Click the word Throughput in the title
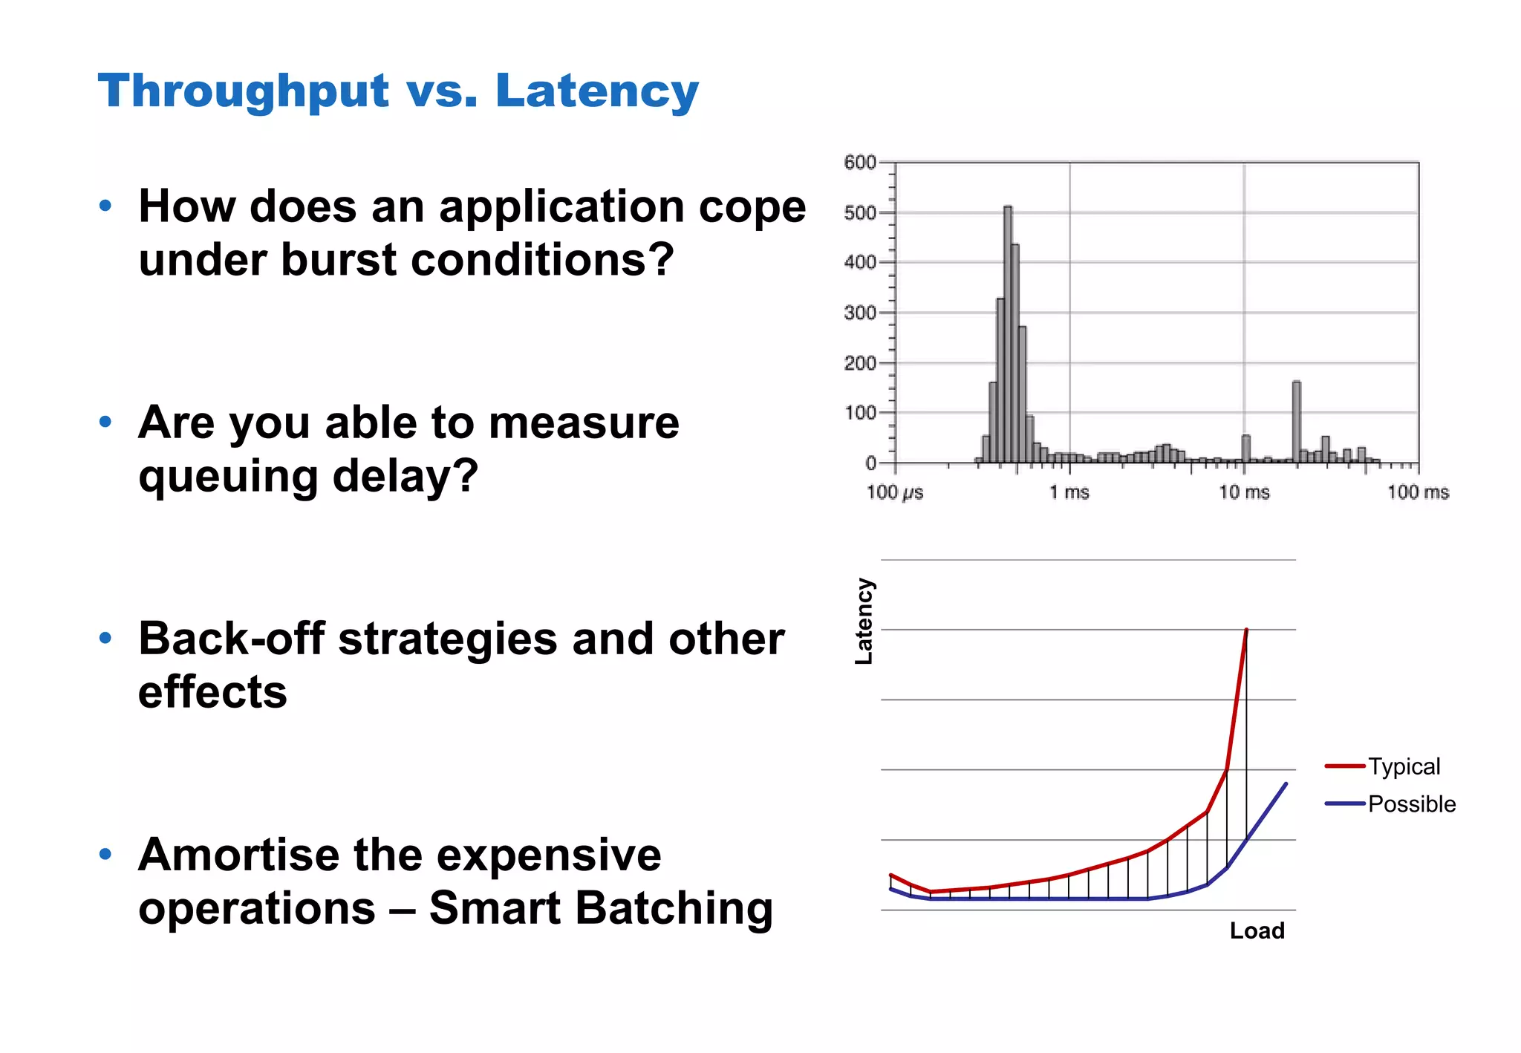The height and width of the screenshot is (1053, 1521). coord(243,91)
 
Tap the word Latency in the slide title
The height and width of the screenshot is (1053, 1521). coord(597,91)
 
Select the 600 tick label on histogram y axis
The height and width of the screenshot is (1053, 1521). coord(860,162)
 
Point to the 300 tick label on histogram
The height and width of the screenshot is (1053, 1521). coord(860,313)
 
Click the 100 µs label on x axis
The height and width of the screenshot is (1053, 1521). coord(895,492)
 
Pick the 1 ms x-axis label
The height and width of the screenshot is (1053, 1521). coord(1069,492)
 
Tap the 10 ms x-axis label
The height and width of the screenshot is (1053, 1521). coord(1245,492)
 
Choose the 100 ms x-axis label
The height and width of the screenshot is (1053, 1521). coord(1419,492)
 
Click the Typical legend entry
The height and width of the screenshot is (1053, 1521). coord(1404,766)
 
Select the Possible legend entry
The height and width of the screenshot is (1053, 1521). coord(1411,804)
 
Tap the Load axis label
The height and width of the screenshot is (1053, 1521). coord(1257,930)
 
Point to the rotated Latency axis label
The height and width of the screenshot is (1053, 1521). coord(864,621)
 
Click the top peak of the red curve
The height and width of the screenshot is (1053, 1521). coord(1246,630)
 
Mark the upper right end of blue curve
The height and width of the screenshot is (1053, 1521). coord(1286,784)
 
